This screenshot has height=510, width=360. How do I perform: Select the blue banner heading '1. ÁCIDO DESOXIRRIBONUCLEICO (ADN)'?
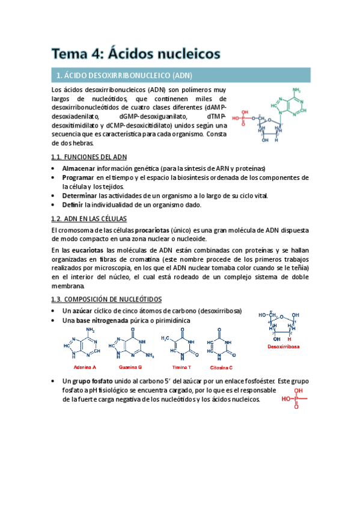(x=124, y=76)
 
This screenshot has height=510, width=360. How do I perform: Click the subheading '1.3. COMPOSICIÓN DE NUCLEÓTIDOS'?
(x=106, y=299)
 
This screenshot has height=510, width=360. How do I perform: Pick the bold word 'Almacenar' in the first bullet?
(x=79, y=168)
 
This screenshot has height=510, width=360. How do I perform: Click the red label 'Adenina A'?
(x=85, y=367)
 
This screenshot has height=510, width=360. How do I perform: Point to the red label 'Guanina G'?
(x=130, y=367)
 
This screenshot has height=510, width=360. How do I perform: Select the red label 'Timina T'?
(x=181, y=367)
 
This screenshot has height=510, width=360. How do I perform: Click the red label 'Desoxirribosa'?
(x=284, y=348)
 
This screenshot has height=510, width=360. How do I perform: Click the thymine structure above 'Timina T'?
(x=179, y=346)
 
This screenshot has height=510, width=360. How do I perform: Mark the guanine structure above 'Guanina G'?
(x=131, y=345)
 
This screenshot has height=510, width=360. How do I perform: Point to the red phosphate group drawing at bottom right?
(x=294, y=398)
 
